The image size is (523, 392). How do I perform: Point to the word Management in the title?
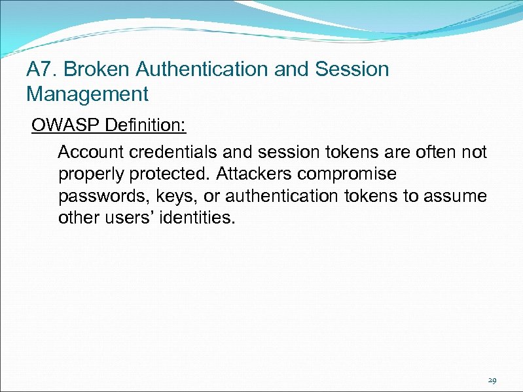point(87,94)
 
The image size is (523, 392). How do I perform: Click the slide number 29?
point(492,380)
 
